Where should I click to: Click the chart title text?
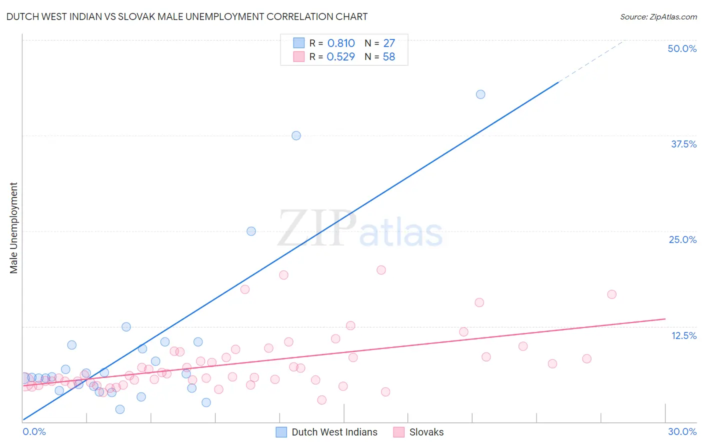(187, 16)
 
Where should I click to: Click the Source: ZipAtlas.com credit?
(658, 17)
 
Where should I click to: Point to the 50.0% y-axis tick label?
(682, 48)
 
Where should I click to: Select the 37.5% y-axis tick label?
(683, 144)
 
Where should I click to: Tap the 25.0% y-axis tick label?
(682, 239)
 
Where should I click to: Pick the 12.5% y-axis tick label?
(683, 335)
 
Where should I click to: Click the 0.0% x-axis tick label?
(34, 431)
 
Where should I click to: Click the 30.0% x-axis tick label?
(682, 431)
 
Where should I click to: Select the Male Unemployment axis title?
(14, 228)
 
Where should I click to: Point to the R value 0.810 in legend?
(341, 43)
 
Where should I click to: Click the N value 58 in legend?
(388, 57)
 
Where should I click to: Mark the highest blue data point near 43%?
(480, 94)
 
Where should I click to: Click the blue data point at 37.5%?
(296, 135)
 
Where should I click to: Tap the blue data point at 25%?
(251, 231)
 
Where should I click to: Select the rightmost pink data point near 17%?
(611, 294)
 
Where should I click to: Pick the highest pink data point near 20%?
(381, 270)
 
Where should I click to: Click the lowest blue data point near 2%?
(120, 409)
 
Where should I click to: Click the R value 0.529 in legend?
(340, 57)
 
